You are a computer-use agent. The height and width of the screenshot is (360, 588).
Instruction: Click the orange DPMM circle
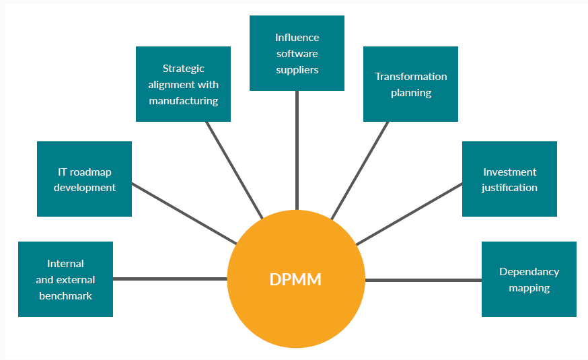[296, 279]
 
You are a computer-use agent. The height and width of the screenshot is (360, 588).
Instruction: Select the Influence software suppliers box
[297, 53]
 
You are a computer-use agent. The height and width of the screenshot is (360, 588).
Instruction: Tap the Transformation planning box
[410, 84]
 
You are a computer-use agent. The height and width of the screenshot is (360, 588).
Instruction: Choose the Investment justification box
[509, 179]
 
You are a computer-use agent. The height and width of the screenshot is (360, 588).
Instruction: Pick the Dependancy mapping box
[529, 279]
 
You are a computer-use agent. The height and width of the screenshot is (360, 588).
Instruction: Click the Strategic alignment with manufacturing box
[183, 84]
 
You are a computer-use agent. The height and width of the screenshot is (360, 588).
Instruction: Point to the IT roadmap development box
[84, 179]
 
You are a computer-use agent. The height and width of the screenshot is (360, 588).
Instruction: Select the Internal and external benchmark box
[65, 279]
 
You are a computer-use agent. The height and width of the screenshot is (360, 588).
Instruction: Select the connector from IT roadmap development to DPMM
[184, 213]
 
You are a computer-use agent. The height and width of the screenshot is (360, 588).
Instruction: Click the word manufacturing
[183, 101]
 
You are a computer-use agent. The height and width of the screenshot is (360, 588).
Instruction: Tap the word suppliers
[297, 69]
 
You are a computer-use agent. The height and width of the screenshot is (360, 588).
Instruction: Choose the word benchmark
[65, 295]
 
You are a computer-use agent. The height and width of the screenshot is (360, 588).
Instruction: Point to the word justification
[509, 188]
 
